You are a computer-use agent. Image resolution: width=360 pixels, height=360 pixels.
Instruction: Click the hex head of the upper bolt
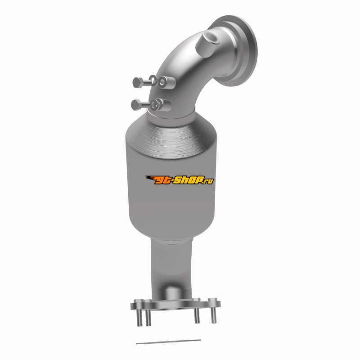(x=138, y=82)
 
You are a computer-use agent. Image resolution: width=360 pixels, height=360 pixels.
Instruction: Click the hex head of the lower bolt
(x=136, y=105)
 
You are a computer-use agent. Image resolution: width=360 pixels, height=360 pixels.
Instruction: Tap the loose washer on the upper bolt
(x=153, y=81)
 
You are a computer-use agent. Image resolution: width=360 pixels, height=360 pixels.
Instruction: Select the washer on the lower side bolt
(x=156, y=105)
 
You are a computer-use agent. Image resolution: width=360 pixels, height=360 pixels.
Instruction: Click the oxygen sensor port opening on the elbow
(x=211, y=37)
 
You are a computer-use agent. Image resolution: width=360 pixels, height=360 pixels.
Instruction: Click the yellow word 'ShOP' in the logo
(x=188, y=180)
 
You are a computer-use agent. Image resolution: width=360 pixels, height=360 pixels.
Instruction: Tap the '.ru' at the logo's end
(x=208, y=181)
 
